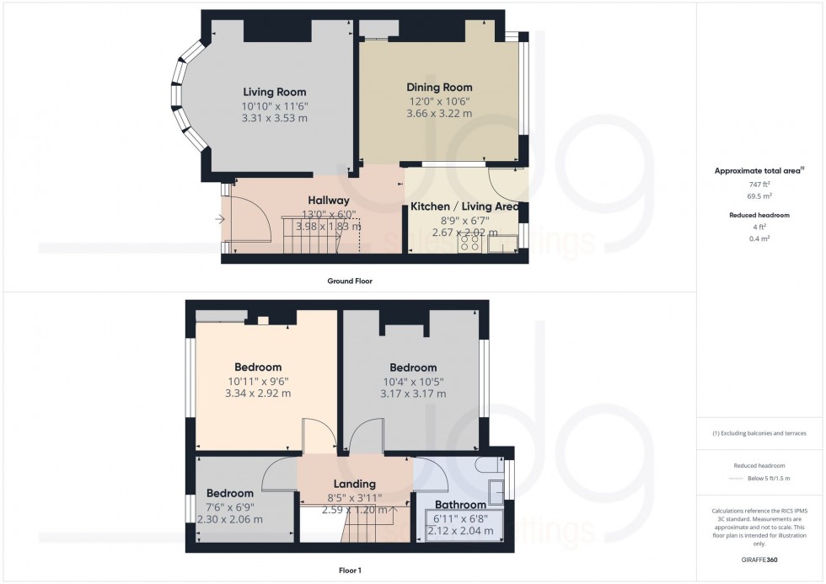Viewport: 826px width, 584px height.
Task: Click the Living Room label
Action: (274, 92)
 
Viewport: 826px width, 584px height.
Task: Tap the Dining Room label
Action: (439, 87)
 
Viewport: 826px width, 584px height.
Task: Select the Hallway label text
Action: (328, 201)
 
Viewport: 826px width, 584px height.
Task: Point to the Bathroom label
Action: (459, 506)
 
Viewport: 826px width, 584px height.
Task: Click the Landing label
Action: (354, 484)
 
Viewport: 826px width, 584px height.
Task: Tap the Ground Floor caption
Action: (350, 281)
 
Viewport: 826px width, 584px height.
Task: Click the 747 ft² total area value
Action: (760, 183)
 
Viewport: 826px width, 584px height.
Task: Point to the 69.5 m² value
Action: (760, 195)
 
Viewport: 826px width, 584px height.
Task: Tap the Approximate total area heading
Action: (759, 170)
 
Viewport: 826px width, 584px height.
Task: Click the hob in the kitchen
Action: (469, 243)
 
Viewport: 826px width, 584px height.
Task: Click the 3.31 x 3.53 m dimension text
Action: (274, 119)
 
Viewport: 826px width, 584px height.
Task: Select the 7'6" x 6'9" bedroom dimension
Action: (230, 507)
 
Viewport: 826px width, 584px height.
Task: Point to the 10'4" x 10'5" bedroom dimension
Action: (412, 381)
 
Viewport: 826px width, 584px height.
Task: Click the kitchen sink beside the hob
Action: (504, 244)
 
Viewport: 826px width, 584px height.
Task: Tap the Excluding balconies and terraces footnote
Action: (759, 433)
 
